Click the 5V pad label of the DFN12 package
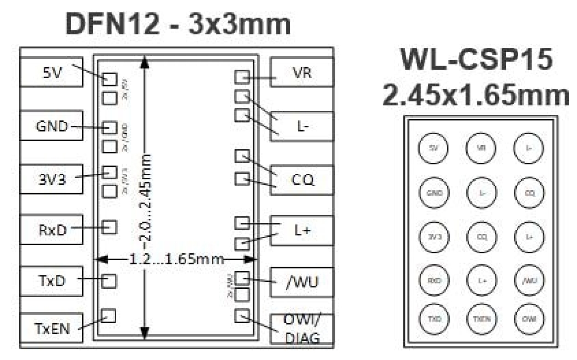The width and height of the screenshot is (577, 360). tap(51, 72)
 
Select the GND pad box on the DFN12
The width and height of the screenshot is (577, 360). tap(51, 126)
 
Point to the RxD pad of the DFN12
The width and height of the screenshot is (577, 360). tap(51, 229)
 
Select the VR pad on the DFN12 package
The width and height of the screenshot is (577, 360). tap(302, 73)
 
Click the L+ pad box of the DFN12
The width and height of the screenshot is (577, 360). tap(302, 231)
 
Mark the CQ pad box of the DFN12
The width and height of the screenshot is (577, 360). tap(302, 180)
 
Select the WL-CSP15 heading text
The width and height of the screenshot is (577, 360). tap(476, 60)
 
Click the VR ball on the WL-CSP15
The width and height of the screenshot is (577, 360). tap(481, 148)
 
